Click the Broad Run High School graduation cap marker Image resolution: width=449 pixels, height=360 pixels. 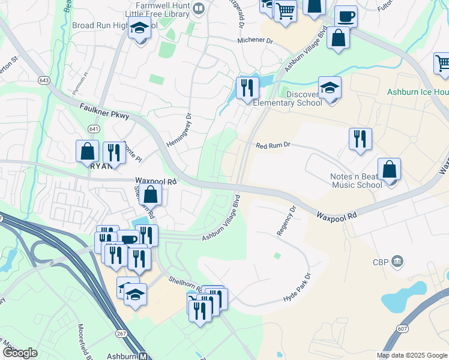pos(140,28)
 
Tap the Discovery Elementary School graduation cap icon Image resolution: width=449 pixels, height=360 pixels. pos(330,88)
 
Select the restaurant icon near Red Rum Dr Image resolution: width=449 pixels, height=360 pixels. pos(360,139)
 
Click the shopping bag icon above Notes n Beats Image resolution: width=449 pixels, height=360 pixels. pos(390,170)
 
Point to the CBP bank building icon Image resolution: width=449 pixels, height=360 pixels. pos(397,262)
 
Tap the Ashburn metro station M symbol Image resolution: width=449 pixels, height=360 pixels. pos(143,356)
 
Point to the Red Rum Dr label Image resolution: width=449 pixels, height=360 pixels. pos(273,145)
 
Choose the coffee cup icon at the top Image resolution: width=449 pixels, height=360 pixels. pos(345,16)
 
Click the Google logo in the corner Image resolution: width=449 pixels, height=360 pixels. pos(20,353)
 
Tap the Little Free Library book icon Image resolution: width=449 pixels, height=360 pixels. pos(199,8)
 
